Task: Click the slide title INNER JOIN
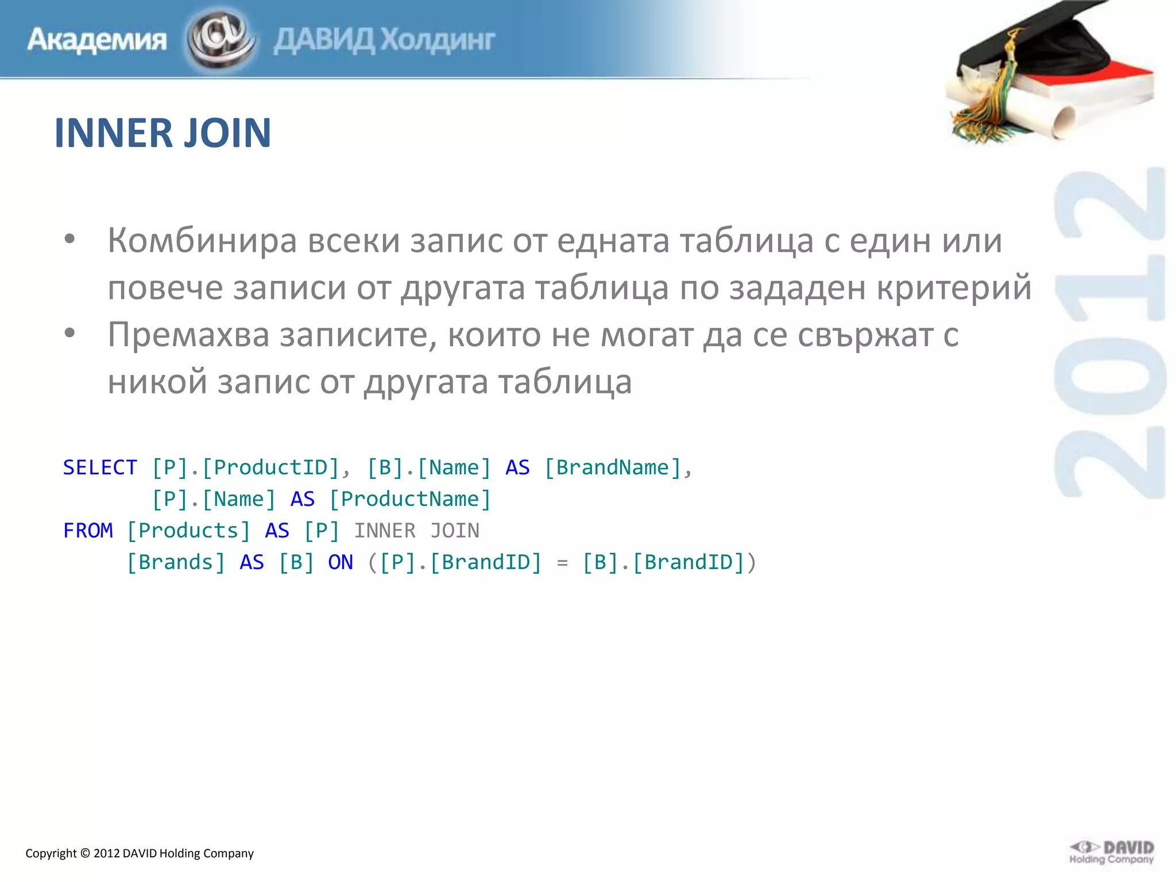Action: [x=163, y=133]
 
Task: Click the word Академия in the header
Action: [x=97, y=40]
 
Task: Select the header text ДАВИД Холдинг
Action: [x=384, y=40]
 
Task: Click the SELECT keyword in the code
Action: [x=100, y=467]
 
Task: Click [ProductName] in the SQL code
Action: [x=410, y=499]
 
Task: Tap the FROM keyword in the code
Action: [x=88, y=531]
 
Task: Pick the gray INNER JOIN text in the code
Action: [x=416, y=531]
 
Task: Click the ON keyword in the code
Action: [x=340, y=562]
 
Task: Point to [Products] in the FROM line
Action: [x=188, y=531]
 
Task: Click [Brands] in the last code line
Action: [x=176, y=562]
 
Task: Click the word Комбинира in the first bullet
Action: [x=202, y=241]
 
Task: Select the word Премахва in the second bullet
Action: [x=188, y=335]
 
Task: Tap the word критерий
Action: [x=954, y=288]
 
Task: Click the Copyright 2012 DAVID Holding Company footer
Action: [x=140, y=853]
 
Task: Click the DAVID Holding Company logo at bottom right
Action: [x=1111, y=852]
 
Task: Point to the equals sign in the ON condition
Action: [x=562, y=563]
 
